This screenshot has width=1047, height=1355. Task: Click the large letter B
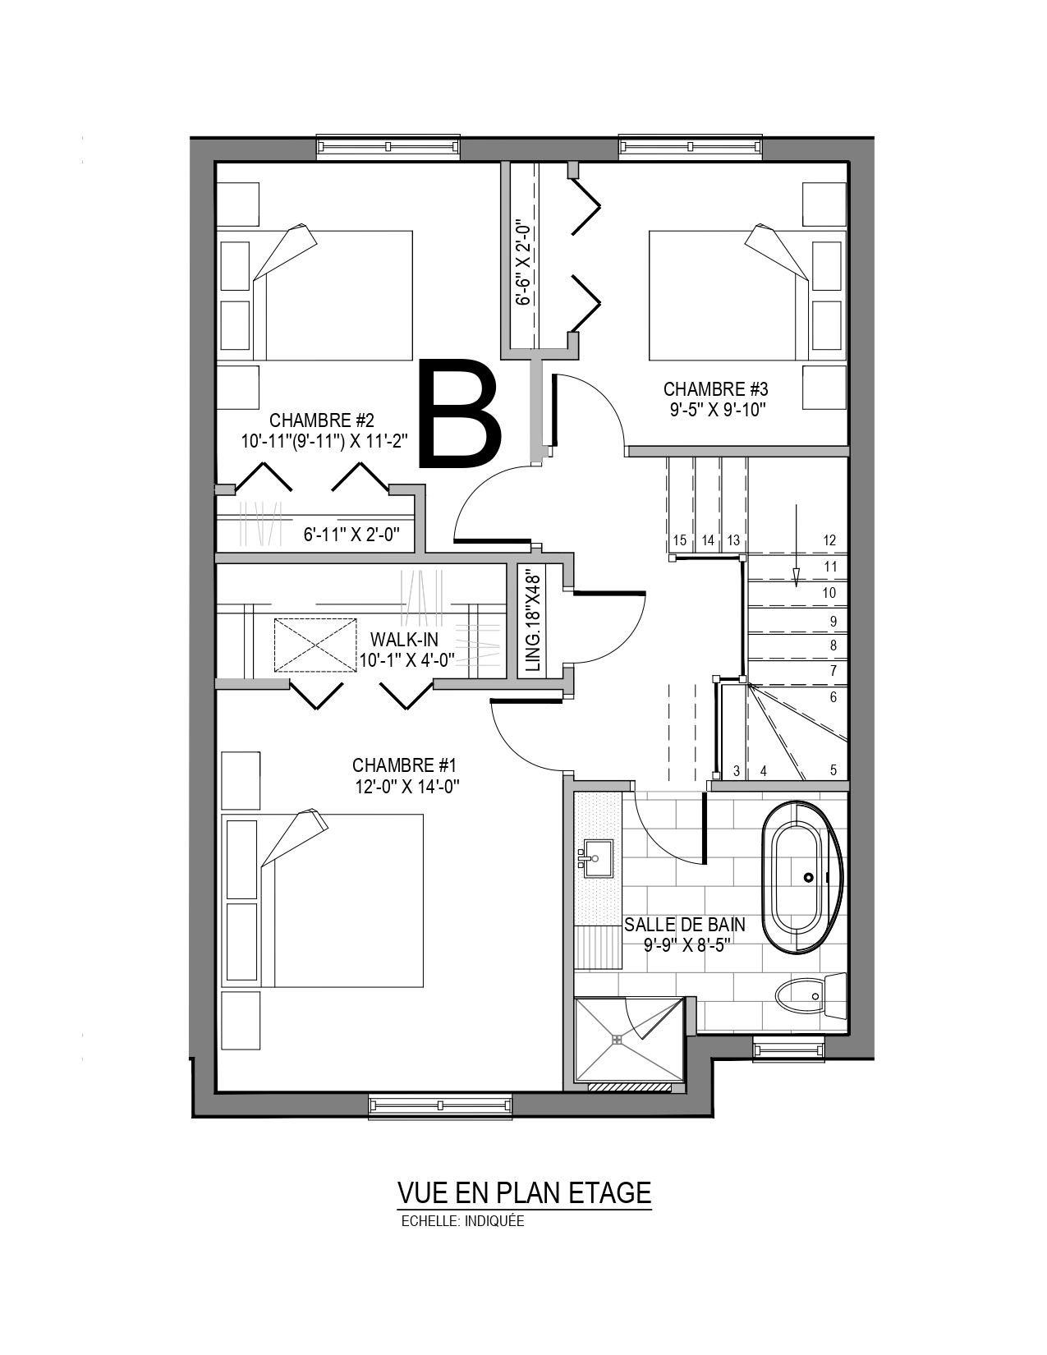[x=460, y=412]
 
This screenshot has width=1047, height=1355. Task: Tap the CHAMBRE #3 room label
[x=714, y=389]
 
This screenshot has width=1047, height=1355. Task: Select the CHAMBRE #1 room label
[x=405, y=765]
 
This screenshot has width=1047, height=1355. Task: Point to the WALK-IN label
[x=404, y=639]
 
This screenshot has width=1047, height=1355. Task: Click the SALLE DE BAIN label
[x=685, y=924]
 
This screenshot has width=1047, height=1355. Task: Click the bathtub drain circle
[x=808, y=877]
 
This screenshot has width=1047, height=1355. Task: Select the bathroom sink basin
[x=597, y=859]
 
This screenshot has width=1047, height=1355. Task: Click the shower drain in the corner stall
[x=617, y=1040]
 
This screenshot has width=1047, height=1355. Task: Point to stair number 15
[x=680, y=540]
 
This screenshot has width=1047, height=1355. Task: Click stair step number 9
[x=833, y=621]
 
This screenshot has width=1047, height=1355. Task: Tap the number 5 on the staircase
[x=833, y=770]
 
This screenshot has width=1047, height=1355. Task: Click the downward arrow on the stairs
[x=797, y=545]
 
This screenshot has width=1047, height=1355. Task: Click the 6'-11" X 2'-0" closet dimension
[x=351, y=535]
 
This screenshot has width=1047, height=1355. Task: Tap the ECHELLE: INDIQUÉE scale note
[x=462, y=1221]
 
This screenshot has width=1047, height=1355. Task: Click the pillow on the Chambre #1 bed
[x=294, y=837]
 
